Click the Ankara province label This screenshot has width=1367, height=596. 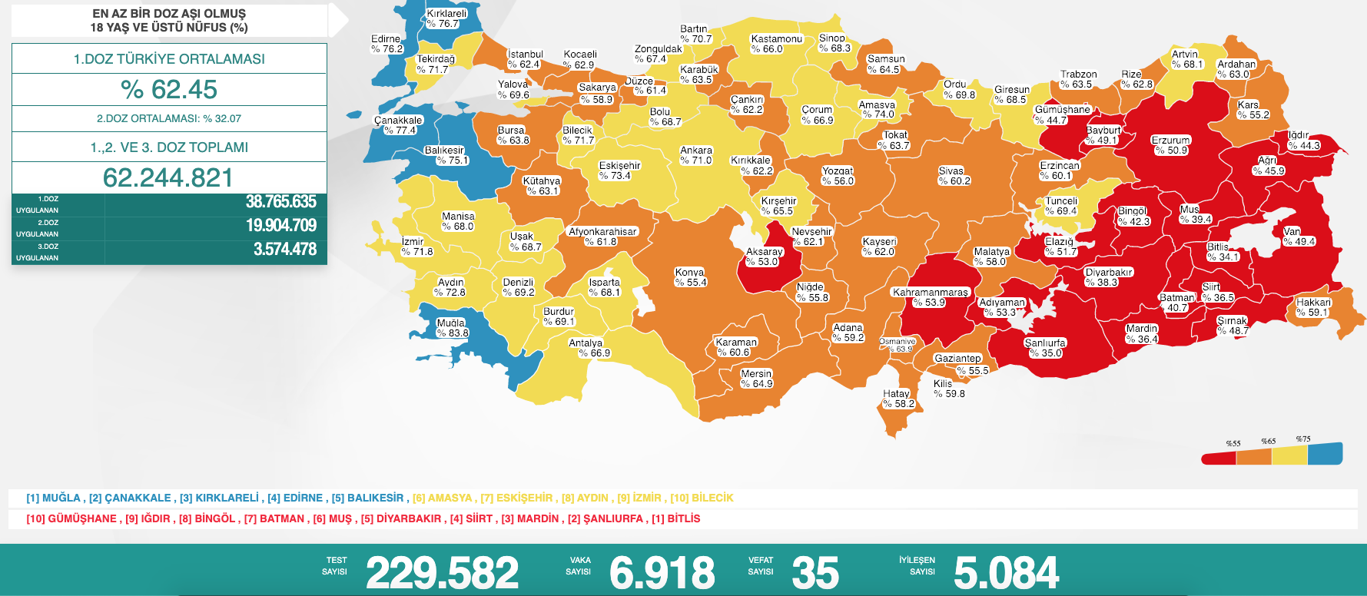pos(696,151)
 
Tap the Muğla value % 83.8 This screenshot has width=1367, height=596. pos(453,333)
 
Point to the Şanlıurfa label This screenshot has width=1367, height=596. pos(1045,343)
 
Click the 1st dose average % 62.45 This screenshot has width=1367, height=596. pos(169,90)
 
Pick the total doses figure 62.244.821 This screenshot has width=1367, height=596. pos(168,178)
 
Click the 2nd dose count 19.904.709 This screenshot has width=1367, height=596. pos(280,225)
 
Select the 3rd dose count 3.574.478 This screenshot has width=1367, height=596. pos(284,249)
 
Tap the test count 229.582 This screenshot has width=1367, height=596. pos(442,573)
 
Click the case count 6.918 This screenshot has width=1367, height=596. pos(662,573)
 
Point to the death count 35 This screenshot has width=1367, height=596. pos(815,573)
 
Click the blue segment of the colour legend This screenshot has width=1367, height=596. pos(1325,454)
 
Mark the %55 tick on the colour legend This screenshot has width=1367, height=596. pos(1233,443)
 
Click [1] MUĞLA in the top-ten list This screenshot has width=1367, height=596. pos(55,498)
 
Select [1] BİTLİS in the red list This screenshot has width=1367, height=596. pos(675,518)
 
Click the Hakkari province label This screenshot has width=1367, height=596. pos(1313,303)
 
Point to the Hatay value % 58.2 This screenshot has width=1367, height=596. pos(898,404)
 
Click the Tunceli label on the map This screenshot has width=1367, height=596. pos(1061,201)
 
